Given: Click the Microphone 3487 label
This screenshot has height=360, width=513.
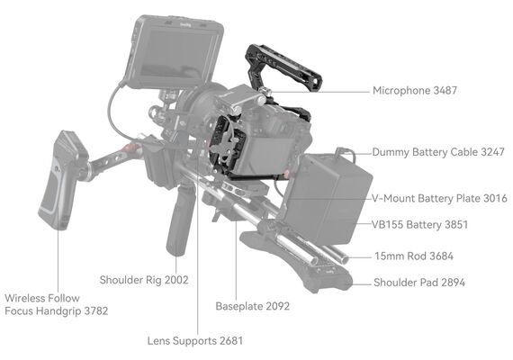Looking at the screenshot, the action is click(x=415, y=91).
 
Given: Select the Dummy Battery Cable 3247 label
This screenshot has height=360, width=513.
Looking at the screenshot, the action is click(x=438, y=152).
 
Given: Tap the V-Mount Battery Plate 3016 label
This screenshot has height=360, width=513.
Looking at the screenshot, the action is click(x=439, y=198).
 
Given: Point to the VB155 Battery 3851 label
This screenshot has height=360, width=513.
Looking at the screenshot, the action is click(x=419, y=225).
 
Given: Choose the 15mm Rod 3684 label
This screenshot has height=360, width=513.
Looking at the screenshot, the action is click(x=414, y=256).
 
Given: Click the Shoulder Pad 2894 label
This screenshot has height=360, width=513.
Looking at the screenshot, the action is click(x=419, y=283).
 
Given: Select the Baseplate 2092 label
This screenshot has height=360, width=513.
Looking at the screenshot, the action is click(x=253, y=306).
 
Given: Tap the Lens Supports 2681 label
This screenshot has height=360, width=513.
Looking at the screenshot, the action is click(x=195, y=341).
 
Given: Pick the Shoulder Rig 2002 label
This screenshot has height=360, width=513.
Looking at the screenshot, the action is click(x=144, y=280).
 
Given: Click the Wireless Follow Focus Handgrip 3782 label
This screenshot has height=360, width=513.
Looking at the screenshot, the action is click(x=57, y=305).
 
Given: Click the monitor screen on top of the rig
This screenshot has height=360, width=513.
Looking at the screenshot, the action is click(x=176, y=54).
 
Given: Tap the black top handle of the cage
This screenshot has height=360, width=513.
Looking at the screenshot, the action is click(x=283, y=67).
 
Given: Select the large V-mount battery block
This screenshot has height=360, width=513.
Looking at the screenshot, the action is click(x=328, y=199).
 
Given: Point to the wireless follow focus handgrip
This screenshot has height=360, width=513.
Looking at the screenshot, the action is click(x=62, y=180).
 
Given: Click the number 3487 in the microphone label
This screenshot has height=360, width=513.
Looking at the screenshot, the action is click(x=445, y=91).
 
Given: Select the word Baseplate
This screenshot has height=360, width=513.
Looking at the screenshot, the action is click(x=239, y=307).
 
